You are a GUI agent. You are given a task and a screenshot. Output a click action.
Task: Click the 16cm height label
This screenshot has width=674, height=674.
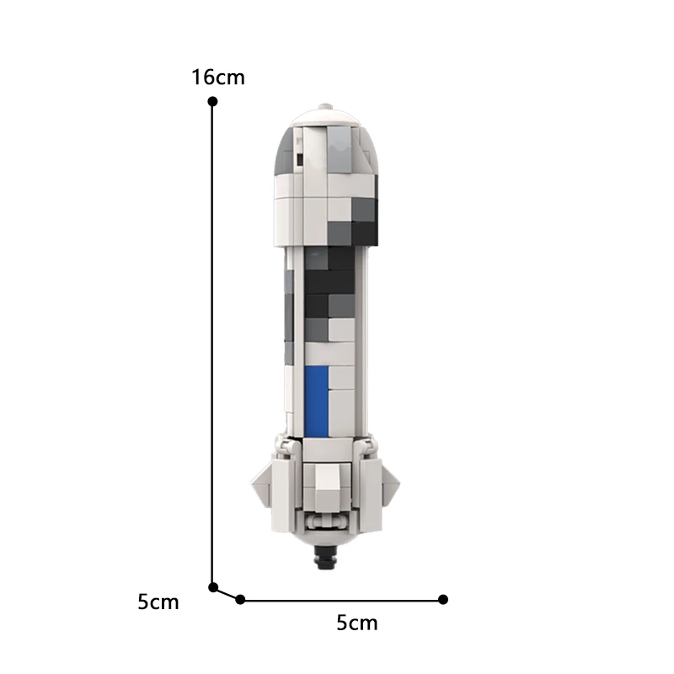218,78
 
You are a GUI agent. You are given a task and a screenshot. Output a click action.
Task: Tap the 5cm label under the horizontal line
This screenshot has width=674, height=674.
357,623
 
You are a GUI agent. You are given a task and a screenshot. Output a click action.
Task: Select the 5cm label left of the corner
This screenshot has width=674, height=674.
158,602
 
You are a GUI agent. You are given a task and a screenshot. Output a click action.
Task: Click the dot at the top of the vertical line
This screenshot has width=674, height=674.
213,101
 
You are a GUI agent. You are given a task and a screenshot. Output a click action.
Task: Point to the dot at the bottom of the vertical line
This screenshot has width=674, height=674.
213,587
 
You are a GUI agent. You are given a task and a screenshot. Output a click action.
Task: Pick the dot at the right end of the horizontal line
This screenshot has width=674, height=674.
443,599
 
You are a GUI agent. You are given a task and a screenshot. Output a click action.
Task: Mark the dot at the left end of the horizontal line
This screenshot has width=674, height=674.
240,599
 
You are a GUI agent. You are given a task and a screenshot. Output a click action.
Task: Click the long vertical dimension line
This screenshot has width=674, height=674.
213,337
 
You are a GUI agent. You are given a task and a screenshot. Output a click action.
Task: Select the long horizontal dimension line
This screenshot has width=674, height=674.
341,600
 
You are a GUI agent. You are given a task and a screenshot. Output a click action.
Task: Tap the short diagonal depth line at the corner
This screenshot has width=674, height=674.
227,593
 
